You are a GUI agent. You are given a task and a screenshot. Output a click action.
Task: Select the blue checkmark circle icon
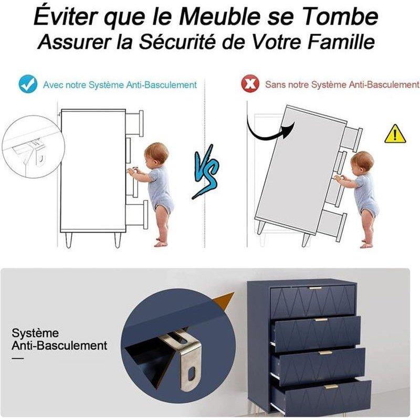coord(28,84)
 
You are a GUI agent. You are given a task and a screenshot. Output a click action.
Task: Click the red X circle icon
coord(250,83)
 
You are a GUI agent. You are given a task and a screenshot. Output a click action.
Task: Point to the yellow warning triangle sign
coord(395,134)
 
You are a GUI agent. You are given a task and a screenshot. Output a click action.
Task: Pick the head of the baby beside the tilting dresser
coord(362,162)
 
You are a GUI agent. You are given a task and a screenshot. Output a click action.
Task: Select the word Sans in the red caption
coord(275,85)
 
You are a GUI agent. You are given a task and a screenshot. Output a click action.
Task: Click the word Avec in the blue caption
coord(54,85)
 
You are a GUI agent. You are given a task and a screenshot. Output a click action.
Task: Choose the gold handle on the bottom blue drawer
coord(331,386)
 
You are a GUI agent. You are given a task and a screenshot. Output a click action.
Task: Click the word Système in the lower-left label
coord(35,333)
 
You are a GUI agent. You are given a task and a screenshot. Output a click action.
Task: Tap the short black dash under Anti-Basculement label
coord(18,358)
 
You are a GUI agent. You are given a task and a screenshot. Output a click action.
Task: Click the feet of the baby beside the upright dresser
coord(161,242)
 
